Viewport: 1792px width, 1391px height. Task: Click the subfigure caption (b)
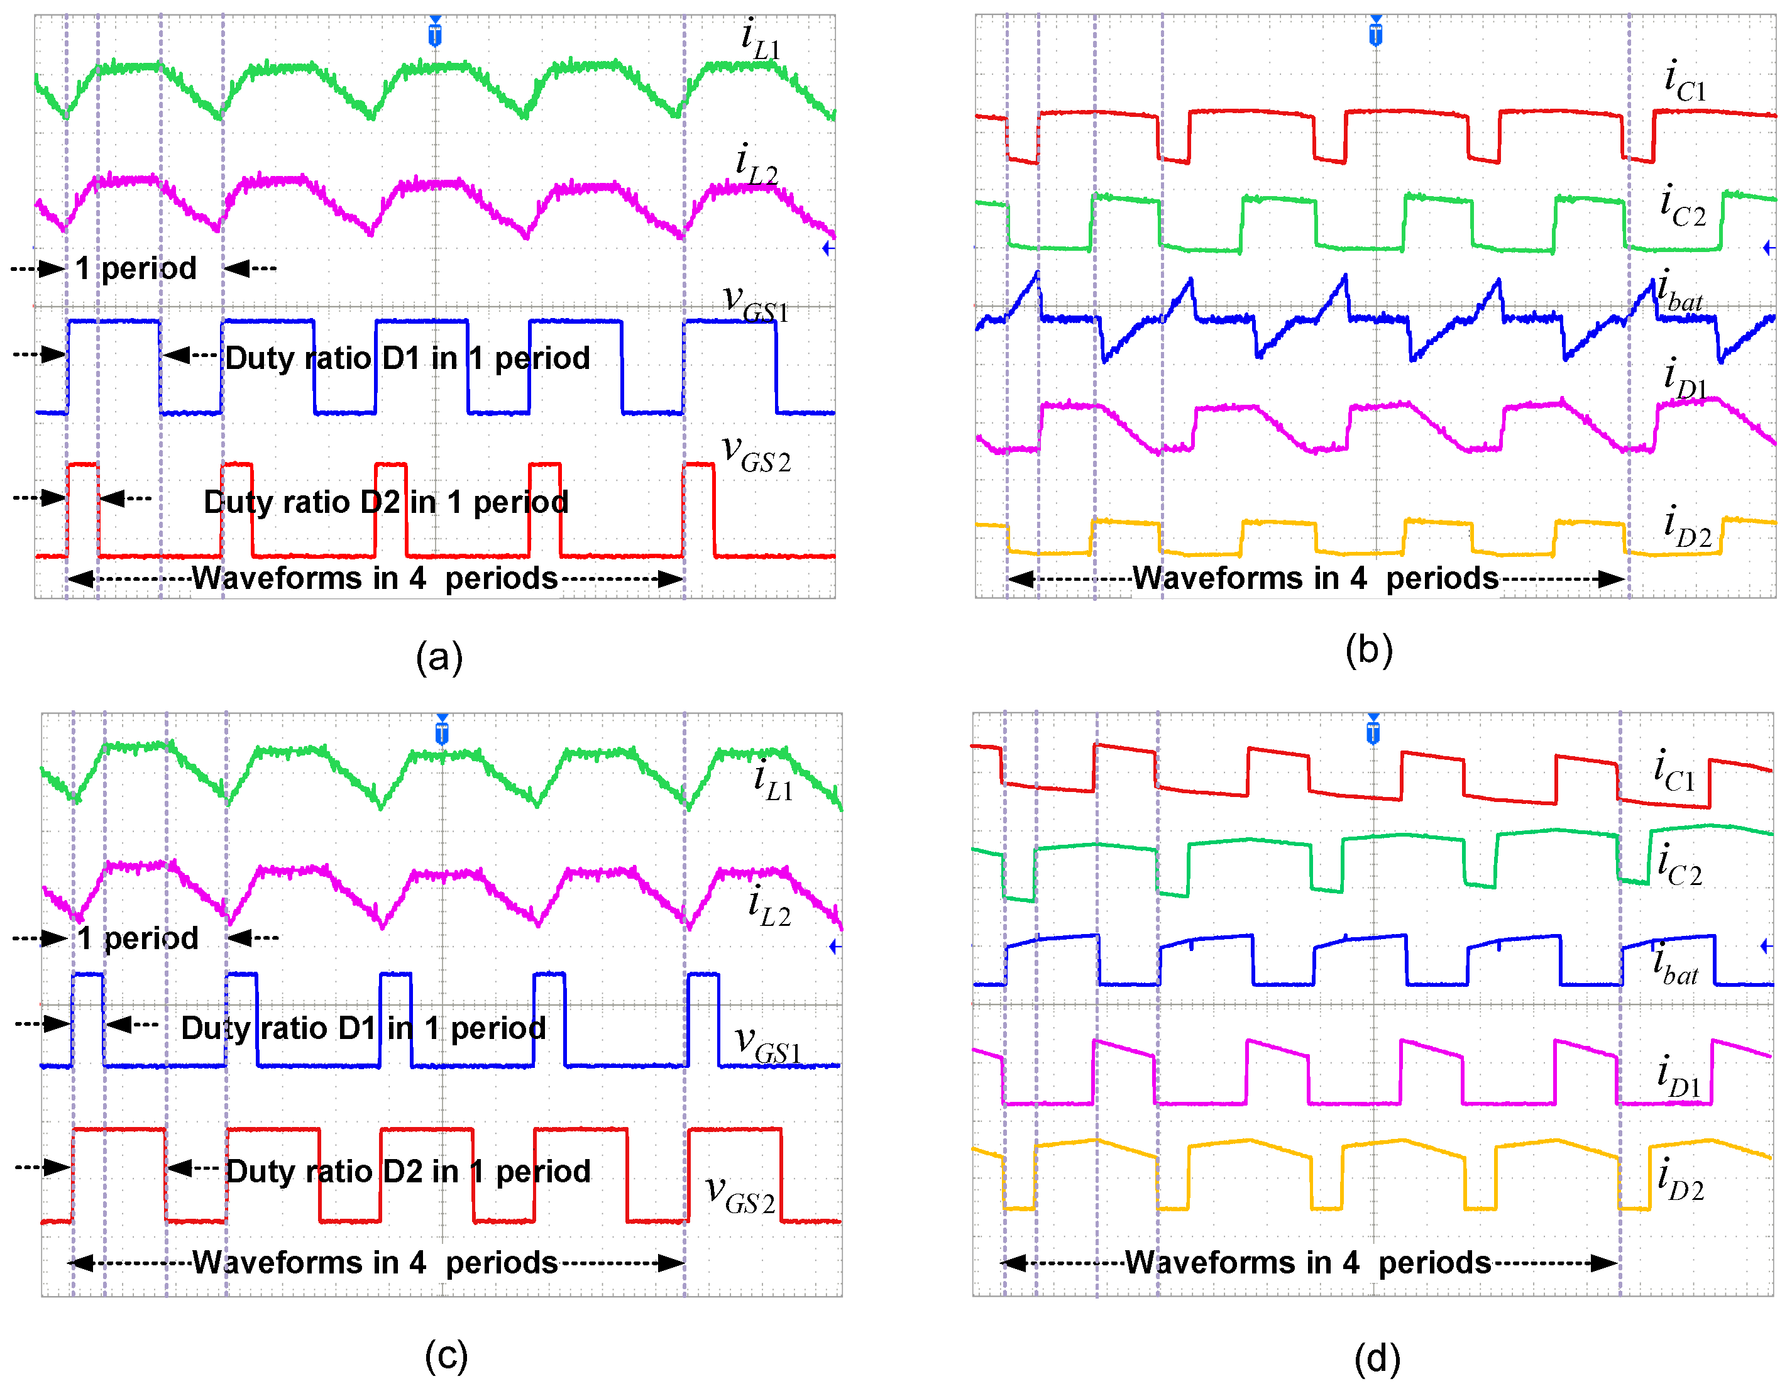1368,650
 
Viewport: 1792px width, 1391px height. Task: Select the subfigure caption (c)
446,1355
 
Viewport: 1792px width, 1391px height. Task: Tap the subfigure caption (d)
1377,1358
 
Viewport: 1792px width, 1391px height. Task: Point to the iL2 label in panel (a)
756,163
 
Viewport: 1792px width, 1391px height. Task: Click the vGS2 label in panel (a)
756,454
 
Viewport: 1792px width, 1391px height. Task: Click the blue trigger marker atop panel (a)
435,32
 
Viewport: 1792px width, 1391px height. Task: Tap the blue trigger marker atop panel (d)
1373,730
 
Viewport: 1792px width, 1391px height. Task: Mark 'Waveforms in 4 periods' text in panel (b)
1316,578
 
